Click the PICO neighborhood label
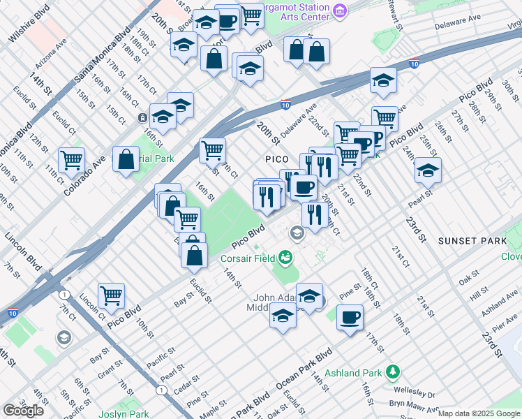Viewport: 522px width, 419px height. [276, 159]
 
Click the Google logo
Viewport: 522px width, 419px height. [23, 411]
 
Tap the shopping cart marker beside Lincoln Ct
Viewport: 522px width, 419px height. [111, 295]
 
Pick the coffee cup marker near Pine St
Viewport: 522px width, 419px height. [350, 318]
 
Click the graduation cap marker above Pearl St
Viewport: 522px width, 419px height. [428, 170]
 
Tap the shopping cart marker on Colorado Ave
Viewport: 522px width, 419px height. [72, 161]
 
